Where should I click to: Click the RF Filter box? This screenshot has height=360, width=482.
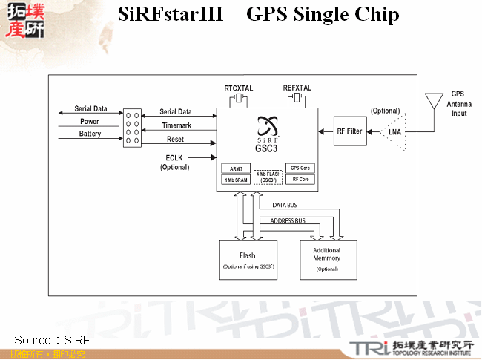[x=350, y=131]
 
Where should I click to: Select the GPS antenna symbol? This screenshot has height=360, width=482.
[x=435, y=100]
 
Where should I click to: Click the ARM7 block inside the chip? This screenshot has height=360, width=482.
[x=235, y=169]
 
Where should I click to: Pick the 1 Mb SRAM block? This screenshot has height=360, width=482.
[x=235, y=180]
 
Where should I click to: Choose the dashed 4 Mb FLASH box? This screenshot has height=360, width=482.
[x=268, y=177]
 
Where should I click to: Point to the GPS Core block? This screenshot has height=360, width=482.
[x=300, y=168]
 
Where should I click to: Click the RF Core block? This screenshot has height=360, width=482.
[x=300, y=180]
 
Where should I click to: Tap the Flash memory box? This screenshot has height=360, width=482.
[x=248, y=260]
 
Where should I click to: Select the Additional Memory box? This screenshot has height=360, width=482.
[x=327, y=259]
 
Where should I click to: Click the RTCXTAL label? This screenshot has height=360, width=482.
[x=239, y=88]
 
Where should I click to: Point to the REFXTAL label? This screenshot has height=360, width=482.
[x=297, y=88]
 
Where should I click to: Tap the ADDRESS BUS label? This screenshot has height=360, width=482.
[x=288, y=220]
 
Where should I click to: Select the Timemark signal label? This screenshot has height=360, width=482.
[x=177, y=125]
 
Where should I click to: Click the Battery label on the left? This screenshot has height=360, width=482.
[x=90, y=134]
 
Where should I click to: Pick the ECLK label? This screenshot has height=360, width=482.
[x=174, y=157]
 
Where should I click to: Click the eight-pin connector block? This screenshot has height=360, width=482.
[x=133, y=127]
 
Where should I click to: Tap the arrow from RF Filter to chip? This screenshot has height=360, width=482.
[x=325, y=131]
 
